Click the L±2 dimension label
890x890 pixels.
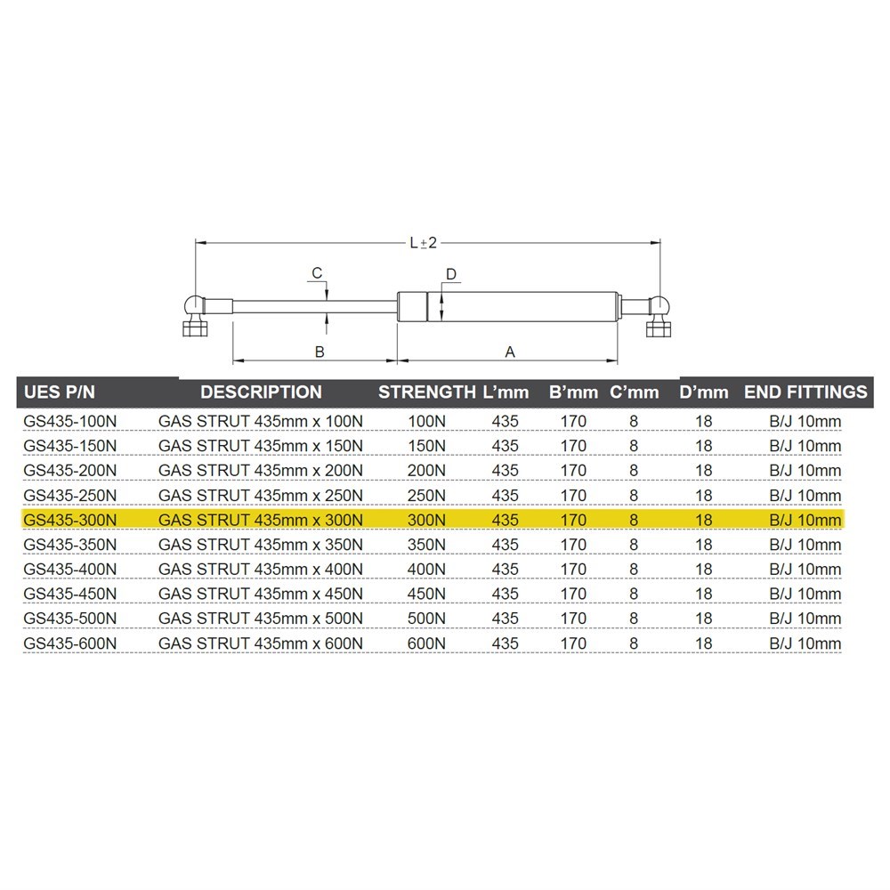426,242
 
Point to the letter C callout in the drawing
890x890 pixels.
315,272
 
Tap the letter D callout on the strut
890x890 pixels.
451,274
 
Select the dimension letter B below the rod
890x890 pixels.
320,352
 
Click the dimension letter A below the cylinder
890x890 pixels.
510,352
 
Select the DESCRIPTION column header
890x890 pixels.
261,392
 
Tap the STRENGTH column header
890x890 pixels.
426,392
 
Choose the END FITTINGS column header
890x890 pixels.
805,392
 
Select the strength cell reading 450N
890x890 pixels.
426,594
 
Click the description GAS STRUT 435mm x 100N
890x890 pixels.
261,421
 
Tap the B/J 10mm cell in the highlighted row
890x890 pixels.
805,520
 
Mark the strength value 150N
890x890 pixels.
426,446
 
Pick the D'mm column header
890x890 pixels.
704,392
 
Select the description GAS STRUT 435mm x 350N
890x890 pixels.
261,545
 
